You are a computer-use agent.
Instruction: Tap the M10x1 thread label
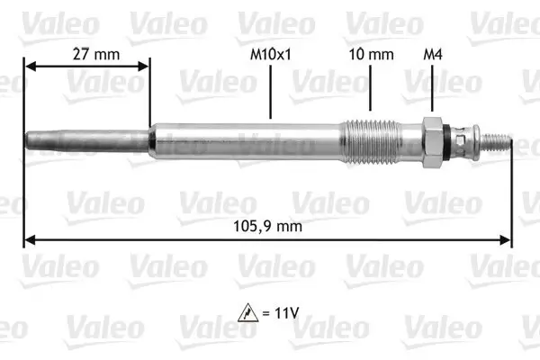[x=271, y=54]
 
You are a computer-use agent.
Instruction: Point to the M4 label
[x=432, y=54]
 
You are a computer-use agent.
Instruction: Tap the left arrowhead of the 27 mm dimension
[x=28, y=67]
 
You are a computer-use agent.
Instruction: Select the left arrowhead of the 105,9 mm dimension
[x=29, y=239]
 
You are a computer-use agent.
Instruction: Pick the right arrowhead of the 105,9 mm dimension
[x=507, y=239]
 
